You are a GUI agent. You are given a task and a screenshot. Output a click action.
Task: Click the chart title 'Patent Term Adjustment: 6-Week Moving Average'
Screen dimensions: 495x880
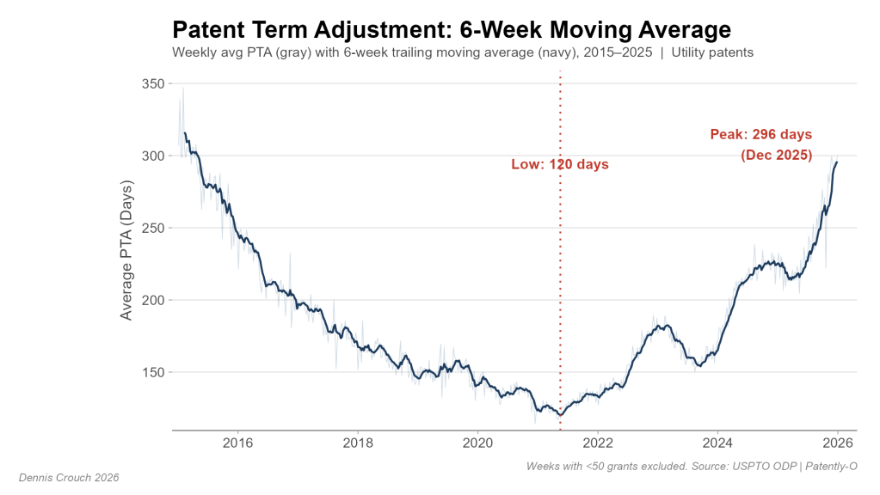pyautogui.click(x=452, y=30)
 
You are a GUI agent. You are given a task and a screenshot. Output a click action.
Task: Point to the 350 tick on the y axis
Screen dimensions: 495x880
pyautogui.click(x=153, y=83)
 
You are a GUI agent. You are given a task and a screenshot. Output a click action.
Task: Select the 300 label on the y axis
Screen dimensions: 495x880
pyautogui.click(x=153, y=156)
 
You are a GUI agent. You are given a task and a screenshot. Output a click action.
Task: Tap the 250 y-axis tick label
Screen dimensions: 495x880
pyautogui.click(x=153, y=228)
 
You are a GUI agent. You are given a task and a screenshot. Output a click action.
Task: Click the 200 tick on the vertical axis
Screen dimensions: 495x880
pyautogui.click(x=153, y=300)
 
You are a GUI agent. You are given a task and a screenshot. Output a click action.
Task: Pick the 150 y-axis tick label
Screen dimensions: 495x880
pyautogui.click(x=153, y=372)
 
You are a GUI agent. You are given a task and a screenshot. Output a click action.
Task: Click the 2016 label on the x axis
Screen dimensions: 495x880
pyautogui.click(x=237, y=443)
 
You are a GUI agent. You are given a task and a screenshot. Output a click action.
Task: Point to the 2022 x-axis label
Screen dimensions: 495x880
pyautogui.click(x=597, y=443)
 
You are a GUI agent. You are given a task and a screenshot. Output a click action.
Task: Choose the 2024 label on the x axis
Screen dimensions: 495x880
pyautogui.click(x=717, y=443)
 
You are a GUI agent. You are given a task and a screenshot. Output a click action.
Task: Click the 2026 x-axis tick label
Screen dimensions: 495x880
pyautogui.click(x=837, y=443)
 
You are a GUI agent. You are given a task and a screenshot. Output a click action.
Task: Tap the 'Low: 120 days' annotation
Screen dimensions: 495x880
pyautogui.click(x=560, y=164)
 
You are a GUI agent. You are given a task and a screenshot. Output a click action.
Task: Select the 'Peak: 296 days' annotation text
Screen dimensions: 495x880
pyautogui.click(x=760, y=134)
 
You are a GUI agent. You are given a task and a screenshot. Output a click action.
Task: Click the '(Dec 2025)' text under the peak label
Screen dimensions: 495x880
pyautogui.click(x=776, y=156)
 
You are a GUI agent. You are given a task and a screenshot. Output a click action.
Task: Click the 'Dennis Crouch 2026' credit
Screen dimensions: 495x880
pyautogui.click(x=69, y=477)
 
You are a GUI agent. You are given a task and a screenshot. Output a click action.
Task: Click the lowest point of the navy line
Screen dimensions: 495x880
pyautogui.click(x=561, y=415)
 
